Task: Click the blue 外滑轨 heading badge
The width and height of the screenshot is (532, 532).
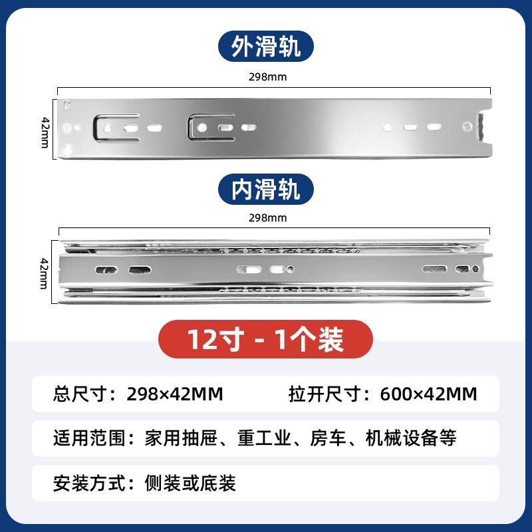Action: point(265,46)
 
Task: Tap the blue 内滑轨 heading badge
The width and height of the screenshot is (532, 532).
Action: point(265,190)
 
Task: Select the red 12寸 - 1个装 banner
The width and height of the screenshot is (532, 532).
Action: point(265,339)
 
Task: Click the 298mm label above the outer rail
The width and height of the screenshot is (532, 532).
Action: point(268,77)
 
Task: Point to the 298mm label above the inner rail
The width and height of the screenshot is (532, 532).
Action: point(268,218)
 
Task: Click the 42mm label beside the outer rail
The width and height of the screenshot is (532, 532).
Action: point(45,132)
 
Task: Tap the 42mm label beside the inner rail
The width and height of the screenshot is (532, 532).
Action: point(45,273)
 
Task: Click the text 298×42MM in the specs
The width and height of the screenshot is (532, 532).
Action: point(175,394)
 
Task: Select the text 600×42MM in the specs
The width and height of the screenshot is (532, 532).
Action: point(428,394)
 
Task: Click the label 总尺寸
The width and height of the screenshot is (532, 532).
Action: point(80,394)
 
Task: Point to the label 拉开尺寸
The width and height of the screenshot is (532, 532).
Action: point(325,394)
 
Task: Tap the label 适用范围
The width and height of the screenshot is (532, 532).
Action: point(90,438)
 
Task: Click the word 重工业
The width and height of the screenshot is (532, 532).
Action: point(264,438)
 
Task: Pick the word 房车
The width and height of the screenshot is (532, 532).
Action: point(328,438)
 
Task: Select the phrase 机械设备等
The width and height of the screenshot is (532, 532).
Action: point(411,438)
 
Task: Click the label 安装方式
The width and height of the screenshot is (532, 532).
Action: point(90,483)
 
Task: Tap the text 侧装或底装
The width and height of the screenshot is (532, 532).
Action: point(190,483)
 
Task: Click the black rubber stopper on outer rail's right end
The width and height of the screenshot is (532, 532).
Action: point(481,127)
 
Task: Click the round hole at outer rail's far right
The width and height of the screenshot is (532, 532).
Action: point(467,127)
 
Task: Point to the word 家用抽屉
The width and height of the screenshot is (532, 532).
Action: point(181,438)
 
